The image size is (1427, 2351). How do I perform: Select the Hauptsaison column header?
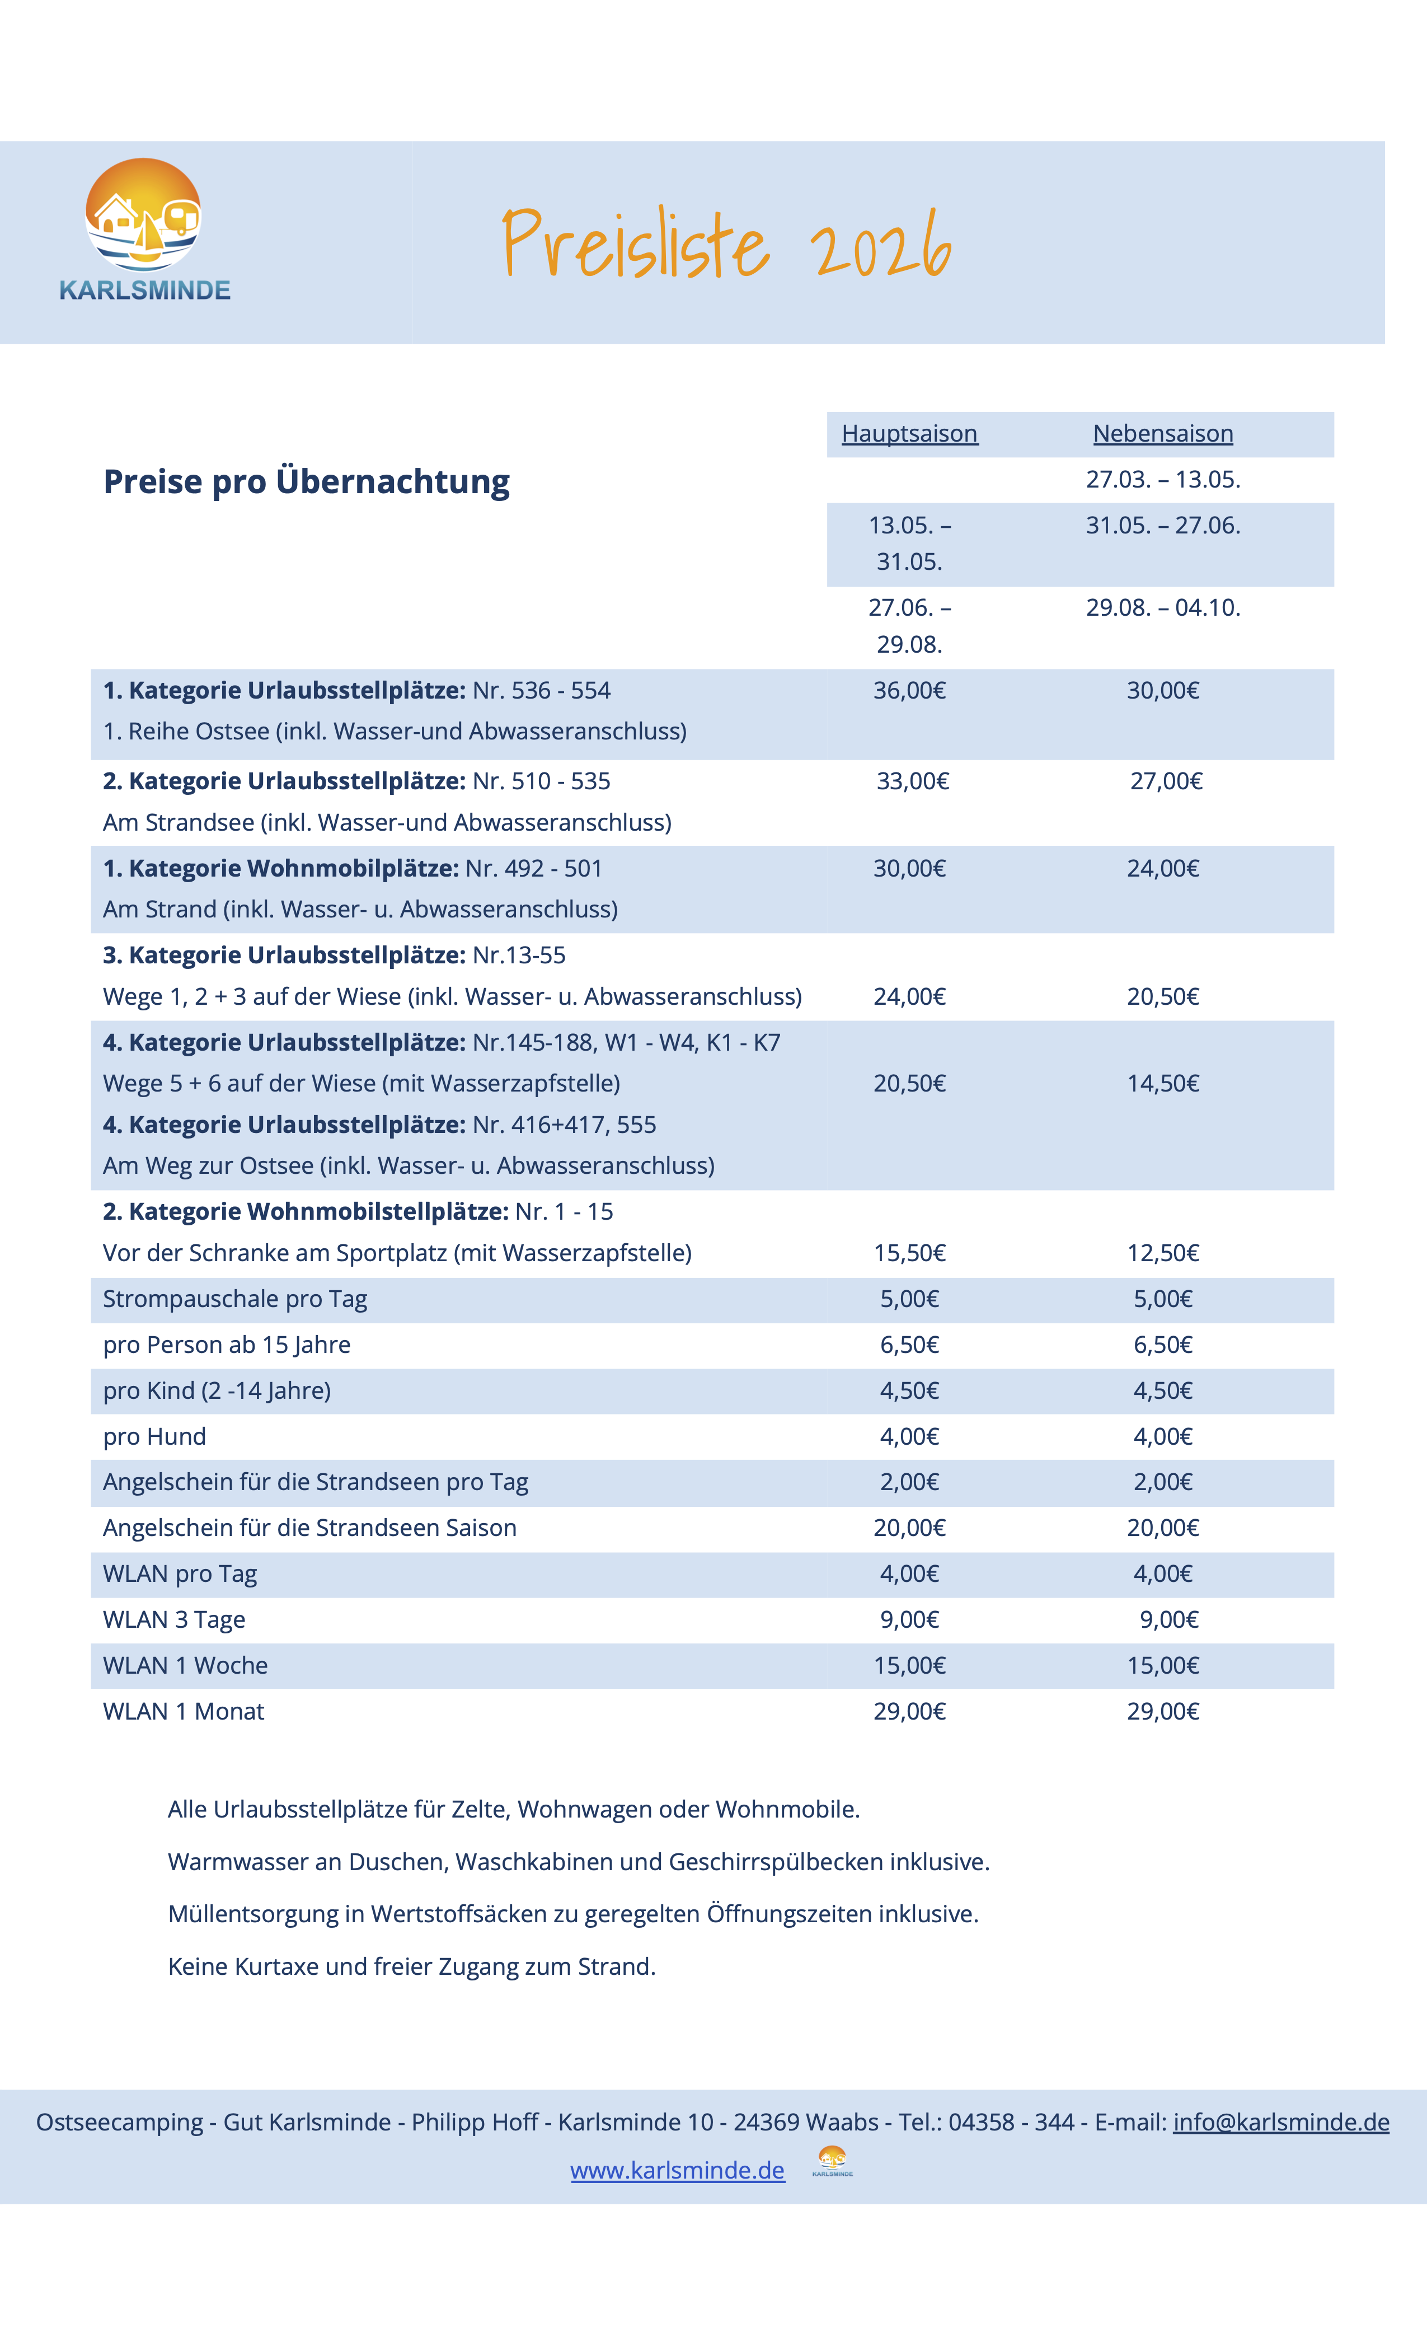pyautogui.click(x=909, y=434)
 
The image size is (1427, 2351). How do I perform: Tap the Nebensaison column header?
pyautogui.click(x=1163, y=434)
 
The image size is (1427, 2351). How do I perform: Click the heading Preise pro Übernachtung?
pyautogui.click(x=306, y=482)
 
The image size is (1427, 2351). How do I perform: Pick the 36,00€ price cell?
pyautogui.click(x=909, y=691)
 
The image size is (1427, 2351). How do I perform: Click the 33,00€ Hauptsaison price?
pyautogui.click(x=913, y=781)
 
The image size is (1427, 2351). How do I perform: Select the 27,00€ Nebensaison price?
pyautogui.click(x=1166, y=781)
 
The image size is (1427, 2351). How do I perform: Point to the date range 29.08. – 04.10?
pyautogui.click(x=1163, y=608)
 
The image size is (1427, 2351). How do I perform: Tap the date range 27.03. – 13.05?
pyautogui.click(x=1163, y=479)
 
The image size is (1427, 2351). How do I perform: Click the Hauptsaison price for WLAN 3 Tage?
pyautogui.click(x=909, y=1619)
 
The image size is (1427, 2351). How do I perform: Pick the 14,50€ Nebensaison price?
pyautogui.click(x=1163, y=1083)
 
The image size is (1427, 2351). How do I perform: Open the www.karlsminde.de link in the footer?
pyautogui.click(x=677, y=2171)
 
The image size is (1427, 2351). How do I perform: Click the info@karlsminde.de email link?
pyautogui.click(x=1280, y=2122)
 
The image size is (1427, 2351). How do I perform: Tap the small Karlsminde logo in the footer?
pyautogui.click(x=832, y=2161)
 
